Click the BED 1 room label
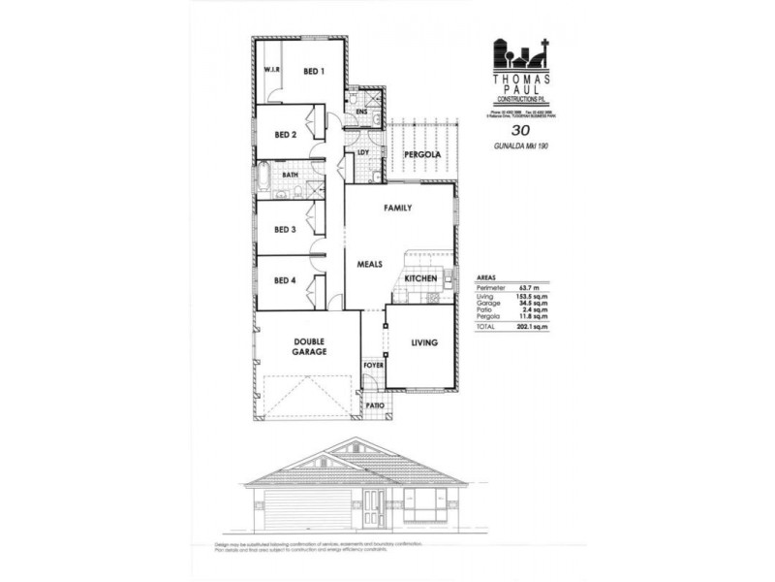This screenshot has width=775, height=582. [313, 72]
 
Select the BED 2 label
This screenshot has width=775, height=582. [285, 135]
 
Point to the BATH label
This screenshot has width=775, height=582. [290, 176]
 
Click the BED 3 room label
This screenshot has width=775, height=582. [285, 230]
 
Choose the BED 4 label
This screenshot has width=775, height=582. [285, 281]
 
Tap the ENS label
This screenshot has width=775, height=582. [361, 113]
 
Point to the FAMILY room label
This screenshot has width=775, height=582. [398, 209]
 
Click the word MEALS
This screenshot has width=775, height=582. [372, 263]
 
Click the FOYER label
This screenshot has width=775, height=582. [373, 365]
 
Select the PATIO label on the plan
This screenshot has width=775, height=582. [374, 404]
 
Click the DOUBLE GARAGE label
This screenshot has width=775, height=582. [309, 348]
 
